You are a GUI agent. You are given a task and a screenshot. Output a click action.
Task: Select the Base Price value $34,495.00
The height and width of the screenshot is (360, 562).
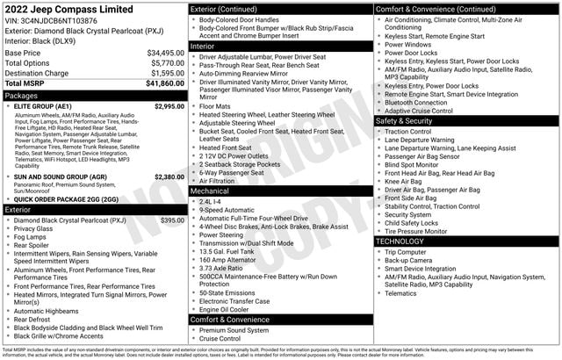(165, 53)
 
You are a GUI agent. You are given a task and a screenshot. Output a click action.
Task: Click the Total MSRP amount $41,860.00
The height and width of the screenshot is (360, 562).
(165, 83)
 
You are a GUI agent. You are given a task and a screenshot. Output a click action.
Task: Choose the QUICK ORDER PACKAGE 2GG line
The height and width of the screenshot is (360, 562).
(66, 198)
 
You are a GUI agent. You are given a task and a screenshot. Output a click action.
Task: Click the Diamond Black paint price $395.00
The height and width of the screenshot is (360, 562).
(172, 220)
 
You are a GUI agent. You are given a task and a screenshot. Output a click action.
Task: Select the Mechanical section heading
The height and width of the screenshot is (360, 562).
(210, 190)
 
